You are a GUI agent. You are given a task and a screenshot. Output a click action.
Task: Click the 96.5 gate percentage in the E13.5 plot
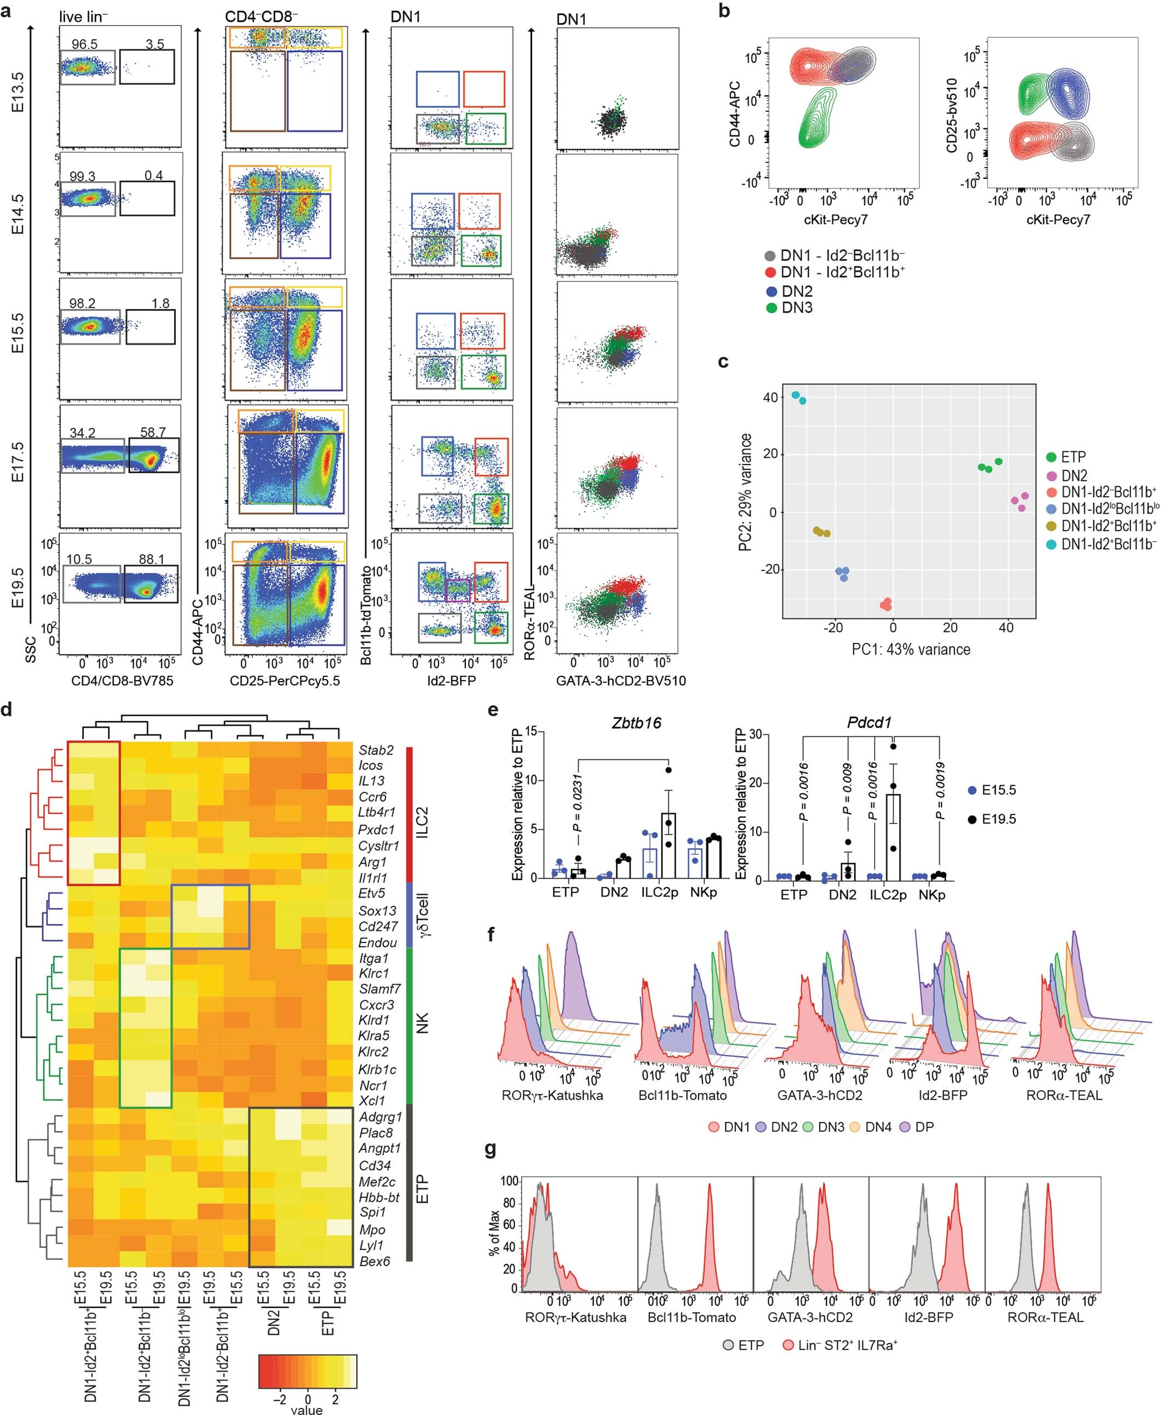coord(84,44)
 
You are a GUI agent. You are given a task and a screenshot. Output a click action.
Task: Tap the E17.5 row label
coord(19,462)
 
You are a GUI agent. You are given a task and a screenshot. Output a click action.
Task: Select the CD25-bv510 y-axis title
coord(953,115)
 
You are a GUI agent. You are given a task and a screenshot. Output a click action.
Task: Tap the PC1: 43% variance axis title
coord(910,649)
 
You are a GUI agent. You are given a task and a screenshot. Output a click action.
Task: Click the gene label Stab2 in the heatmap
coord(376,750)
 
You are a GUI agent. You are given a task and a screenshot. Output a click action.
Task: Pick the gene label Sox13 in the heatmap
coord(377,910)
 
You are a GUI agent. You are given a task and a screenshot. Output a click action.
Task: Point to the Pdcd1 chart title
coord(870,722)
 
